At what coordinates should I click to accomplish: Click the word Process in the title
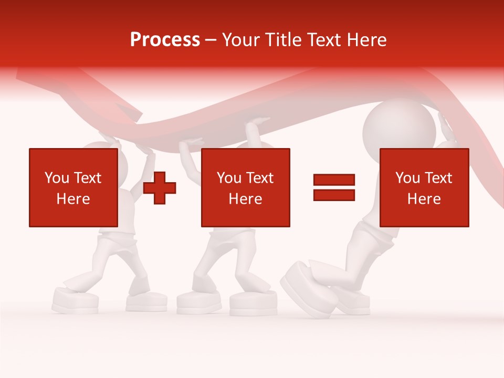(x=165, y=40)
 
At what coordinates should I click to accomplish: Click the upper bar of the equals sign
(x=334, y=180)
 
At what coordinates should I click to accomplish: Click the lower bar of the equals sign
(x=334, y=195)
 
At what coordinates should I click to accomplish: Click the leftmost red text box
(x=73, y=187)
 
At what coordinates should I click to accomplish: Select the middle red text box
(x=246, y=187)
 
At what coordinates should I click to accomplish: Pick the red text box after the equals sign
(x=424, y=187)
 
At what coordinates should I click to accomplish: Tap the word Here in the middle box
(x=246, y=199)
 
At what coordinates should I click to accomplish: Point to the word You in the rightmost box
(x=407, y=178)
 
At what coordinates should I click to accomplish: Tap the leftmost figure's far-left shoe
(x=75, y=301)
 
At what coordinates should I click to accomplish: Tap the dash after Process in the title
(x=211, y=40)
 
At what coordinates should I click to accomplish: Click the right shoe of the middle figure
(x=253, y=303)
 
